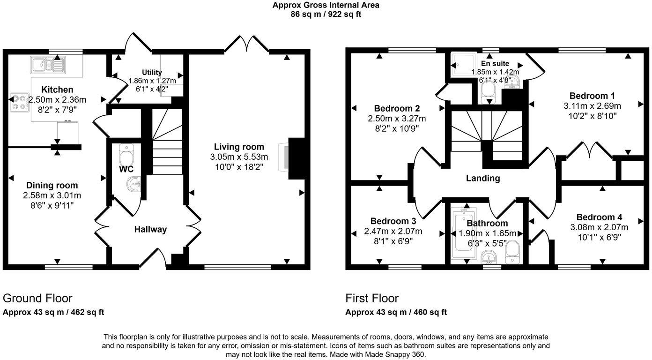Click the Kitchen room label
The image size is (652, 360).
(x=57, y=90)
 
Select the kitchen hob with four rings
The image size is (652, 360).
(x=18, y=102)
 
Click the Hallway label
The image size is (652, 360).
(x=150, y=229)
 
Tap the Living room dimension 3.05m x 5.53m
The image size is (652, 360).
(x=239, y=157)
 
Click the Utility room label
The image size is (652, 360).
(x=152, y=72)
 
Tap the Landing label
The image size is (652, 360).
(x=483, y=178)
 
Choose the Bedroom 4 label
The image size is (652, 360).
(x=599, y=217)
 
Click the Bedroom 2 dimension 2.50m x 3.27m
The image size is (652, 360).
(x=397, y=118)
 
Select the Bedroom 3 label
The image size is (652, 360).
(x=393, y=221)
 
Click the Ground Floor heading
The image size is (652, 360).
(x=37, y=298)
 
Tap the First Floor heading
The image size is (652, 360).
(x=372, y=298)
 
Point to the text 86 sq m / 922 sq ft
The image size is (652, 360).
(x=326, y=14)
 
